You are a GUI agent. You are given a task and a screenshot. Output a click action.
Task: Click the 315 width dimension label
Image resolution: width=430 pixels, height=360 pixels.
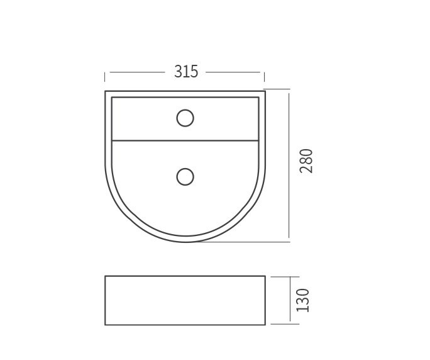(x=186, y=72)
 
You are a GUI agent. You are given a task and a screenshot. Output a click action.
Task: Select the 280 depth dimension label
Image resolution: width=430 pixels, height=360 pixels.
(x=306, y=162)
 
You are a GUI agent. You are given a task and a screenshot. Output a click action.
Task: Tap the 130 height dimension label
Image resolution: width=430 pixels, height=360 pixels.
(x=304, y=300)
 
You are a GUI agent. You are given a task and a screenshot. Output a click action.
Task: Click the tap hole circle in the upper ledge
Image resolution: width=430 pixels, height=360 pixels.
(x=185, y=117)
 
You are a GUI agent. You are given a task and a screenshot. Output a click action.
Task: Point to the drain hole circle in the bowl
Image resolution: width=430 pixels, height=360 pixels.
(x=185, y=176)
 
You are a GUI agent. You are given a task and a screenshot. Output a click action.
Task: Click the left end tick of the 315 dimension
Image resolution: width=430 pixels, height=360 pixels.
(x=105, y=76)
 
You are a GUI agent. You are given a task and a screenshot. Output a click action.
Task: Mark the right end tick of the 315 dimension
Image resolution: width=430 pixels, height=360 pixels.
(x=265, y=76)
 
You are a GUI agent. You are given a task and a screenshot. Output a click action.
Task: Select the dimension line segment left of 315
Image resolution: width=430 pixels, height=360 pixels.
(x=138, y=72)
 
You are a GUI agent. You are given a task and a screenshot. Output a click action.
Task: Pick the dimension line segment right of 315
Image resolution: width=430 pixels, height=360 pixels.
(x=233, y=72)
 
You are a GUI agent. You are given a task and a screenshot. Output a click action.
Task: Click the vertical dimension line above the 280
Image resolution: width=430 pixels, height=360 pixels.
(x=289, y=120)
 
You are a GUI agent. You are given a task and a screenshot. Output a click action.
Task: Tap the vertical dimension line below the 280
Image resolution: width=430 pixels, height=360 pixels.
(x=289, y=208)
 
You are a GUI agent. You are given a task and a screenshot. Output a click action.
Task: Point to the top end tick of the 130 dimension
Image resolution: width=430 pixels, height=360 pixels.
(x=289, y=276)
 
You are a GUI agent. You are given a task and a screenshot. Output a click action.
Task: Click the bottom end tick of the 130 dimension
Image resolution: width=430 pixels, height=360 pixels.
(x=289, y=325)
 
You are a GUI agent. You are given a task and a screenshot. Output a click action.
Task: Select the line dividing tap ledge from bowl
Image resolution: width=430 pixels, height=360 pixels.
(x=185, y=140)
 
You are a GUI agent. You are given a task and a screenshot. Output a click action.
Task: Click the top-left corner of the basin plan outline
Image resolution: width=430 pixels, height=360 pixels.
(x=106, y=91)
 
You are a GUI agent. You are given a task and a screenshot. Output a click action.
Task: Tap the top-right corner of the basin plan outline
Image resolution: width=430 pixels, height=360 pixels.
(x=265, y=91)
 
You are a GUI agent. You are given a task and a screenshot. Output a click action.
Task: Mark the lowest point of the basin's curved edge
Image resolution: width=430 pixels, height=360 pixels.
(x=185, y=241)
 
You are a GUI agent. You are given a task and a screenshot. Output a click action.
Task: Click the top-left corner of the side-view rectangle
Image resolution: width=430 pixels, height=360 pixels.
(x=106, y=276)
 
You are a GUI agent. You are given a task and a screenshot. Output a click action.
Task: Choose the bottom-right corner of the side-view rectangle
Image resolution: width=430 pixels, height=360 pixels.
(x=265, y=325)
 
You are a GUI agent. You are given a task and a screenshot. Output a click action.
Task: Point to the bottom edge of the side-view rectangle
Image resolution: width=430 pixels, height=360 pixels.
(x=185, y=325)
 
